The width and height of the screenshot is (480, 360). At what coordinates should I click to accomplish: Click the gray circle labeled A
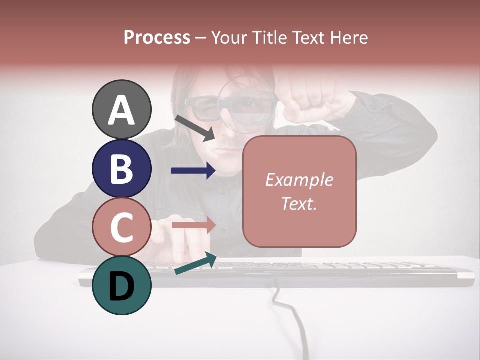pyautogui.click(x=122, y=109)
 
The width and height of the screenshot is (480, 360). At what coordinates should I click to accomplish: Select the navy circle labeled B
pyautogui.click(x=122, y=168)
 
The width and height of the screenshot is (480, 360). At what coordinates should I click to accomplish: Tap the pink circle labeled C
pyautogui.click(x=122, y=227)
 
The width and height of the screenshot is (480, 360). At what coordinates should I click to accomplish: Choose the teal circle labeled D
pyautogui.click(x=122, y=285)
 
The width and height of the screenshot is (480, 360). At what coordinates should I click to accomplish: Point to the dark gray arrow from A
pyautogui.click(x=195, y=128)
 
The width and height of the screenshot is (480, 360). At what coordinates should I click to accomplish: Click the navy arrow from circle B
pyautogui.click(x=193, y=171)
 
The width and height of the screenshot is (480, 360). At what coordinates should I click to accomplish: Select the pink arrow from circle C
pyautogui.click(x=193, y=225)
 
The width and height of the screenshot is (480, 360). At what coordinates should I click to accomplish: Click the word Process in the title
pyautogui.click(x=157, y=37)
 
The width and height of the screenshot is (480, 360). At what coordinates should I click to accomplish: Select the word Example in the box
pyautogui.click(x=299, y=180)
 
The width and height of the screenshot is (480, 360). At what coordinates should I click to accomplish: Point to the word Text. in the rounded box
pyautogui.click(x=299, y=203)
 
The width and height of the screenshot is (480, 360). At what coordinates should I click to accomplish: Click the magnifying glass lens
pyautogui.click(x=246, y=106)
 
